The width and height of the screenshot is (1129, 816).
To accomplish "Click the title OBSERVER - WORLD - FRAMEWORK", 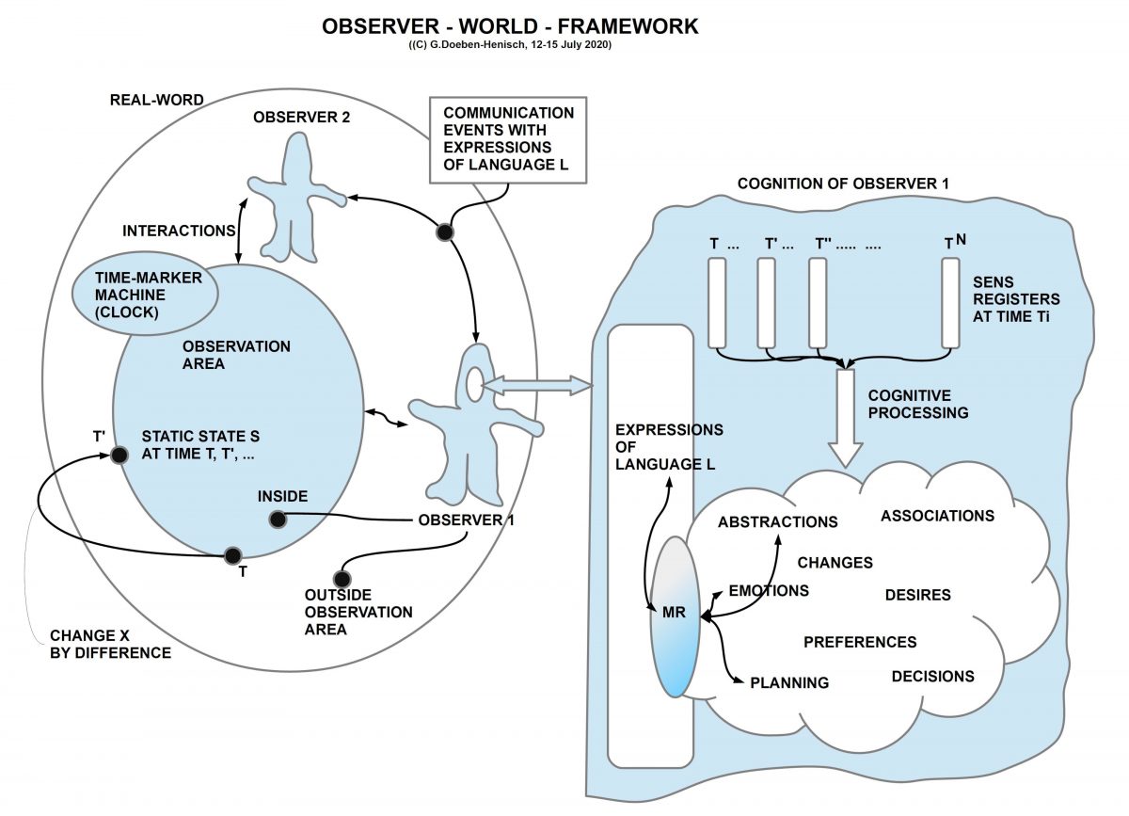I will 511,26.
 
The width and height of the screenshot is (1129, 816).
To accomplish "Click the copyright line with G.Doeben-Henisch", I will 511,45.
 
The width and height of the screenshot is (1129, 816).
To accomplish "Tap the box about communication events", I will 508,138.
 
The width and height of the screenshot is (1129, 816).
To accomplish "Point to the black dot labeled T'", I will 119,456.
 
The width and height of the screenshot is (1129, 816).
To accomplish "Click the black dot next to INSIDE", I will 277,518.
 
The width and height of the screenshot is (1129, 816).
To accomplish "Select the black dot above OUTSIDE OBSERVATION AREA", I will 342,578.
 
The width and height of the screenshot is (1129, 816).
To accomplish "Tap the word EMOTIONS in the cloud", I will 769,591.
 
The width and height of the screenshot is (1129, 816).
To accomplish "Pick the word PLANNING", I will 788,682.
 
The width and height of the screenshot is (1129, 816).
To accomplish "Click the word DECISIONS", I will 931,676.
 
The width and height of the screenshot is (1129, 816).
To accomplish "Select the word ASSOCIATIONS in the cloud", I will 937,516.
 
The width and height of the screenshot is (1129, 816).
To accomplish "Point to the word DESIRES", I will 917,595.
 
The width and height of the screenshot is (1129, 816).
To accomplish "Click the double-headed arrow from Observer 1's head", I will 539,384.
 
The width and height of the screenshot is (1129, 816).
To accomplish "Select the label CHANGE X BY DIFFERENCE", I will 110,644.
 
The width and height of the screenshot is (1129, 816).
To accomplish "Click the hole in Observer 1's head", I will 473,382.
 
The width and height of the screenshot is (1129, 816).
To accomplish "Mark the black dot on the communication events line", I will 445,232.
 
